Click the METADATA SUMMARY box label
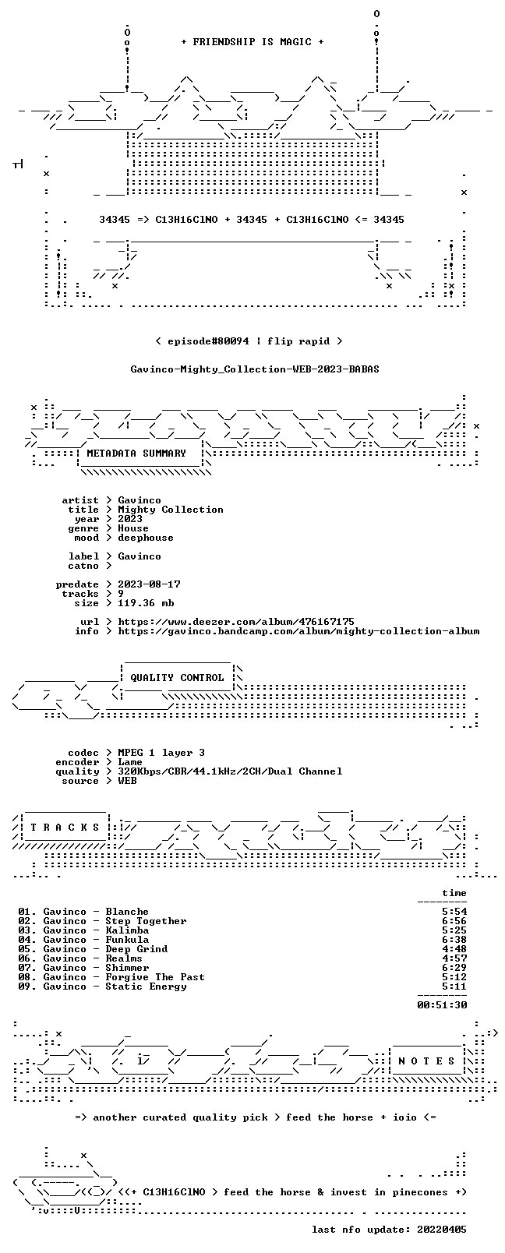pos(136,453)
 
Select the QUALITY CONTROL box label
pos(177,677)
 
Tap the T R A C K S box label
pos(65,828)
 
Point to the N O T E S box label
pos(426,1061)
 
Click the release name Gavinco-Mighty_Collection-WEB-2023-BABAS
pos(255,369)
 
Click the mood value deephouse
pos(146,538)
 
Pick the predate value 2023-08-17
pos(149,584)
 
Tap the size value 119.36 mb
pos(146,603)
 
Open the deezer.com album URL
pos(235,622)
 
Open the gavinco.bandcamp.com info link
pos(298,631)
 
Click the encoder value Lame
pos(129,762)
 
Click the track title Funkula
pos(127,940)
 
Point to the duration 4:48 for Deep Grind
pos(454,948)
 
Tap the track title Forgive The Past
pos(155,977)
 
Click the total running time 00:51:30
pos(442,1005)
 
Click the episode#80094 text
pos(208,341)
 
